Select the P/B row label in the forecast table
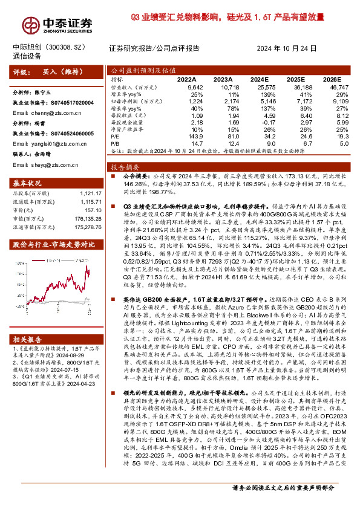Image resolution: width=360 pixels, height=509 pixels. coord(116,144)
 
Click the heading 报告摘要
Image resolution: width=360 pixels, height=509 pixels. coord(125,166)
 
